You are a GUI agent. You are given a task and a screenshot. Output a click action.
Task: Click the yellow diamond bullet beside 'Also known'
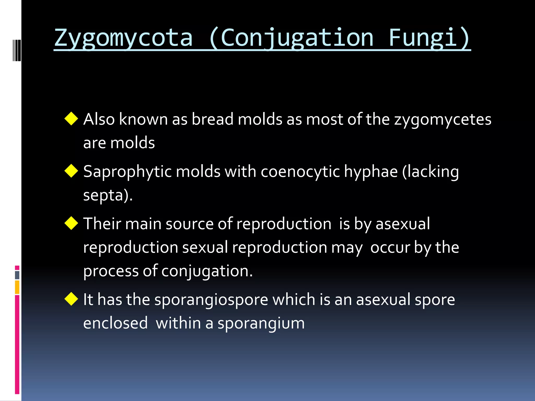71,119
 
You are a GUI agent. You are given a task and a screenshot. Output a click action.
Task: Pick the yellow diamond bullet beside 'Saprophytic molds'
71,171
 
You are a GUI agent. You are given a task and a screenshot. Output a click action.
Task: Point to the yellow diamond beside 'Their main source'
71,223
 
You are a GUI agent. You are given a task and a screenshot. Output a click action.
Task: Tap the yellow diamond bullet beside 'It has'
71,299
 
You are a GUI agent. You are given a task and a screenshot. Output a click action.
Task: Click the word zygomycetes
443,120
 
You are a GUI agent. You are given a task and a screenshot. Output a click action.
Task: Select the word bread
212,119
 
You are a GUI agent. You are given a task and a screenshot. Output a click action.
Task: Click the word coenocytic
300,172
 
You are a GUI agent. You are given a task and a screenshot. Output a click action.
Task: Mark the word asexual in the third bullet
403,224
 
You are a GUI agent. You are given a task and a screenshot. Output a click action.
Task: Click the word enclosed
115,323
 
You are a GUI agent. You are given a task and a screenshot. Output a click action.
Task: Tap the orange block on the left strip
17,287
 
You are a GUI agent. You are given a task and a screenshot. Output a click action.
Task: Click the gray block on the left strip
17,275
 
